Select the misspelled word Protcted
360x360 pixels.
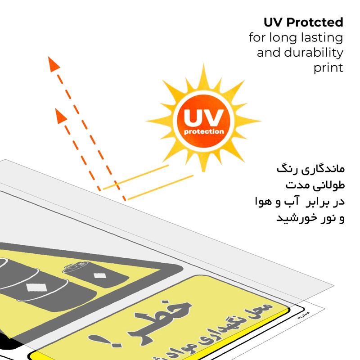(317, 22)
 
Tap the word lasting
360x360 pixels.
(321, 37)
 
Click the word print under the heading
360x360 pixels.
(328, 68)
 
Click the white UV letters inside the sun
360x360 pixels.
(204, 118)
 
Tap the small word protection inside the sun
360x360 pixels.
(204, 132)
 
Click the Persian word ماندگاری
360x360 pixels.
(320, 170)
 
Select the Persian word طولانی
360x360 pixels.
(328, 186)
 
